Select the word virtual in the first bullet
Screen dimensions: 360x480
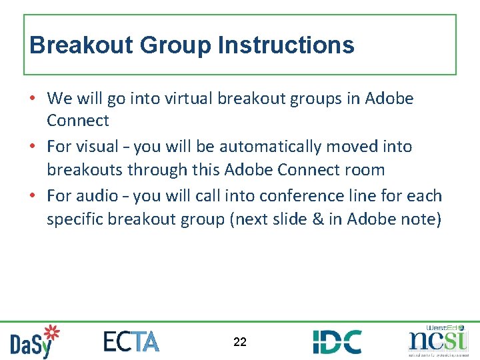pyautogui.click(x=178, y=99)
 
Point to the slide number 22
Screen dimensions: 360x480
pyautogui.click(x=240, y=342)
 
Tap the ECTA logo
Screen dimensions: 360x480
pyautogui.click(x=131, y=341)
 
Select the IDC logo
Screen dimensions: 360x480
pyautogui.click(x=337, y=341)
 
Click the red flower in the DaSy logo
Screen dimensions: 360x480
pyautogui.click(x=51, y=333)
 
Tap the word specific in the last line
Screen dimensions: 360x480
pyautogui.click(x=75, y=219)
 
